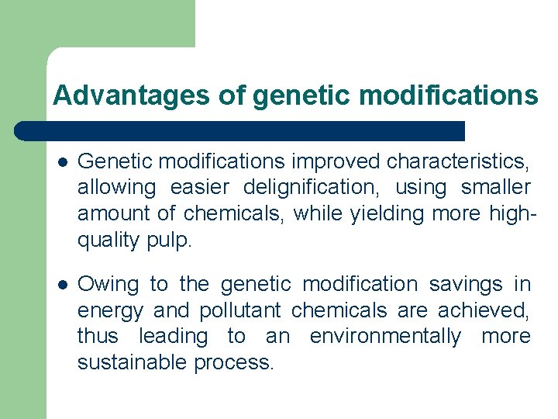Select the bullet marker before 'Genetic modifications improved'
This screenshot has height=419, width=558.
tap(62, 162)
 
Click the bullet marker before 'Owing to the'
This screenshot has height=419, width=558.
tap(62, 285)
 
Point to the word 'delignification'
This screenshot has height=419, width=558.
tap(309, 188)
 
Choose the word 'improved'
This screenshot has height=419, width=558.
tap(336, 161)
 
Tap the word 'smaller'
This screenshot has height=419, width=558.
tap(495, 188)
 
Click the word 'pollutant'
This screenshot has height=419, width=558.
tap(241, 311)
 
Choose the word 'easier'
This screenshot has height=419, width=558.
tap(197, 188)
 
